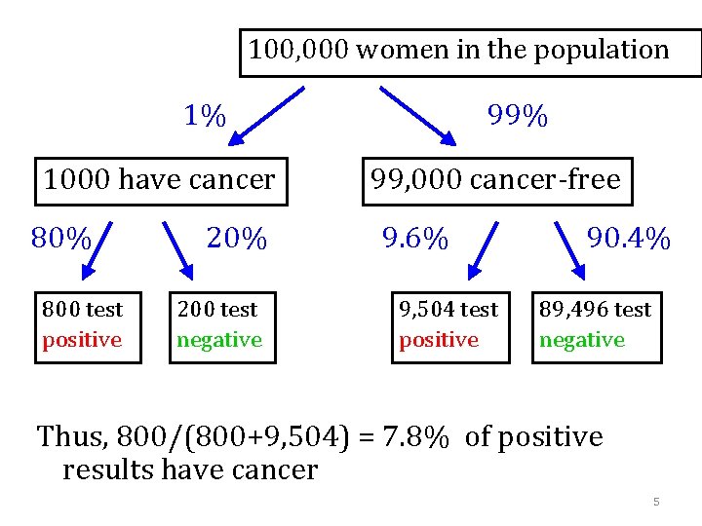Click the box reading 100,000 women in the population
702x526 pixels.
[x=470, y=52]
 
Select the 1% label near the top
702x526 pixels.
[x=205, y=117]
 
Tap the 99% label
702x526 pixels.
[x=517, y=117]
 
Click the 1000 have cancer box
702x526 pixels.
[x=161, y=181]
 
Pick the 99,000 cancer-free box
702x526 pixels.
[x=496, y=181]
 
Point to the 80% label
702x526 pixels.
[x=61, y=239]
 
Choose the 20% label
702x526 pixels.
[x=236, y=239]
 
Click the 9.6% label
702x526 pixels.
[x=415, y=239]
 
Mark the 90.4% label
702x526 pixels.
[x=629, y=239]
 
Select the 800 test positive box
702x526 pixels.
[x=88, y=326]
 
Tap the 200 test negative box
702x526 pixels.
[x=222, y=326]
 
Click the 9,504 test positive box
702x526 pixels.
[x=449, y=326]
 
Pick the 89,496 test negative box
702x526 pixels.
[x=596, y=326]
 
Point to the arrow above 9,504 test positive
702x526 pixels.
[x=482, y=251]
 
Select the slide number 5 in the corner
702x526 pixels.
[x=656, y=502]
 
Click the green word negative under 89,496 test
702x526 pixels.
[x=582, y=340]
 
